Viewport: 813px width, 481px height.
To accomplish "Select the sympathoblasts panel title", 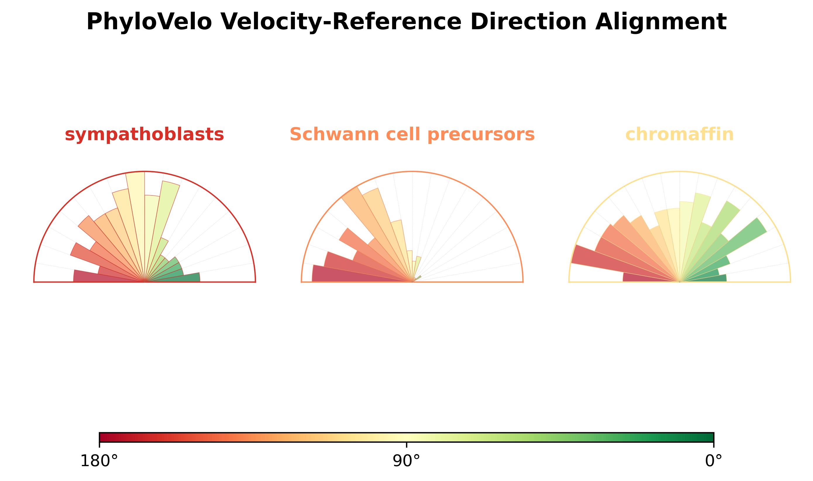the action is click(x=145, y=135).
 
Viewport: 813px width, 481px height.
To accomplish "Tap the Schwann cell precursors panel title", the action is click(x=412, y=135).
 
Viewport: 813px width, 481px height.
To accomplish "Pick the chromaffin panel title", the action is click(x=680, y=135).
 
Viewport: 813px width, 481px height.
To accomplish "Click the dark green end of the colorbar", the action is click(x=710, y=437).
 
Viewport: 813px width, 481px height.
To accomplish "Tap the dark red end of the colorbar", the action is click(x=104, y=437).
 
